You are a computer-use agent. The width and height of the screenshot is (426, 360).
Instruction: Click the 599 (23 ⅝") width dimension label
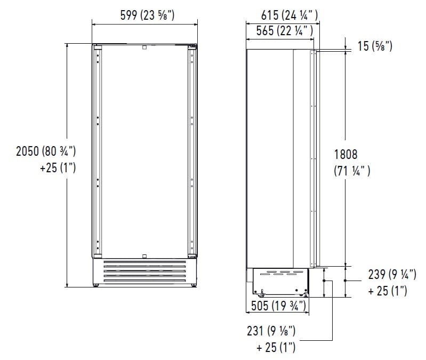(x=143, y=16)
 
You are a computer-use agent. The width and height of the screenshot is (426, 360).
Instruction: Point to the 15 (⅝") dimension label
(x=375, y=47)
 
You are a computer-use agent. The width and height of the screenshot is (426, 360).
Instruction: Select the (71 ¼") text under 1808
(x=351, y=171)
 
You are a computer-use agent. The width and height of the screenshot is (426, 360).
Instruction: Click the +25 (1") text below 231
(x=276, y=348)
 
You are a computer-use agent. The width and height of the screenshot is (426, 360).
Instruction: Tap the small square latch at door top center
(x=144, y=47)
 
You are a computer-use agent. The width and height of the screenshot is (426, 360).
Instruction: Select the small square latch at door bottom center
(x=144, y=256)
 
